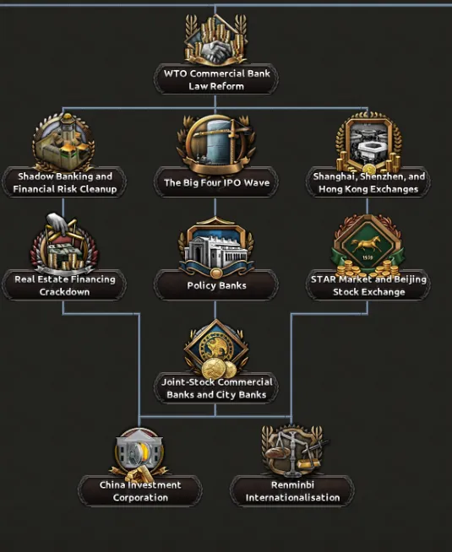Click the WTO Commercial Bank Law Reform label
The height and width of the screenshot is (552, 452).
(216, 79)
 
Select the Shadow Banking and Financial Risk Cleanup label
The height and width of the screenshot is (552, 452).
(65, 182)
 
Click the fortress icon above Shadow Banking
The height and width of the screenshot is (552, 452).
(63, 142)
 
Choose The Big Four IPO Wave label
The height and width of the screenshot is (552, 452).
(216, 182)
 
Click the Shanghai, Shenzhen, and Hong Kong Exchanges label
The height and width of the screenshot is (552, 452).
(368, 182)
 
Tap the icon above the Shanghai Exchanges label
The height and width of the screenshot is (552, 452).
(368, 143)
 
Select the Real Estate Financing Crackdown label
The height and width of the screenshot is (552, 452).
(65, 285)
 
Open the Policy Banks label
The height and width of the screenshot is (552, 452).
(216, 285)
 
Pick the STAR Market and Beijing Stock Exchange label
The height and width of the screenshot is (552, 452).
(368, 285)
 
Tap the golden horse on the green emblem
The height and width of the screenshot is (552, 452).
(368, 243)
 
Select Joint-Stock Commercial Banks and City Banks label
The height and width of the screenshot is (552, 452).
(216, 388)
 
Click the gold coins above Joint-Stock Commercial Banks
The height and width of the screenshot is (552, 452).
(219, 369)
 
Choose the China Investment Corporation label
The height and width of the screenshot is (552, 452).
(140, 491)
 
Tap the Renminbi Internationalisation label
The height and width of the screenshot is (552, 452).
(292, 491)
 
